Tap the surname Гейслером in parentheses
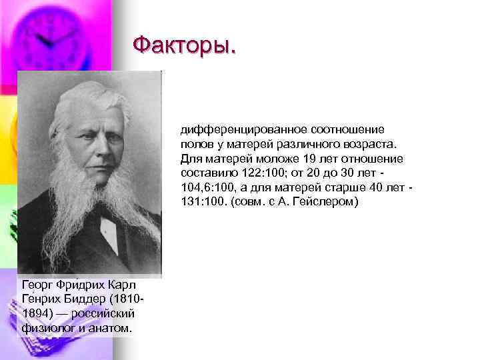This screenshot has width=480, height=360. pos(328,201)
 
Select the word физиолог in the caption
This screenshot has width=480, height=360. pos(45,328)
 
